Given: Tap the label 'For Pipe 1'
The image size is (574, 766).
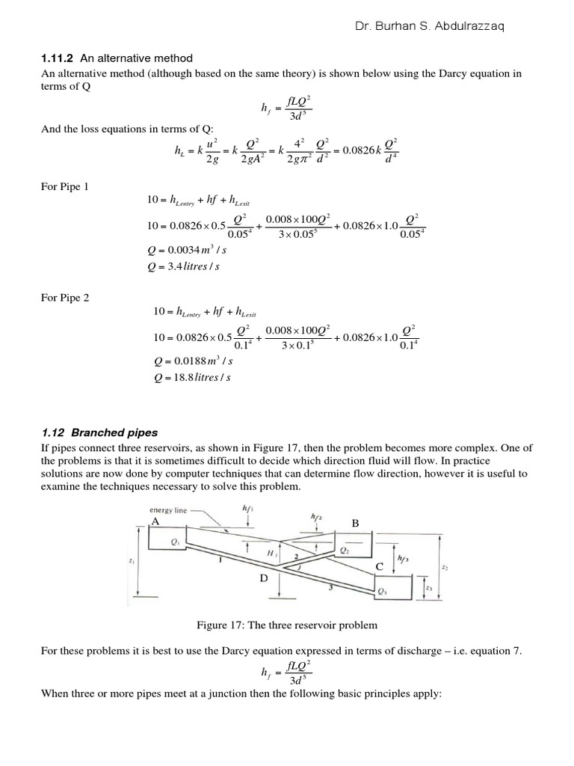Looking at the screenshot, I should pos(64,186).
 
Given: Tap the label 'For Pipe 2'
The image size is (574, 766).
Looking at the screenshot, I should pos(64,297).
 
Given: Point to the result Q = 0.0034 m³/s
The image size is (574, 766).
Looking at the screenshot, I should pos(188,251).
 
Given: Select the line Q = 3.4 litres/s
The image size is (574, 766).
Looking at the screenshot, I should pos(186,267).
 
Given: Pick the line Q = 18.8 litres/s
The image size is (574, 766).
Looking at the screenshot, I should pos(188,377).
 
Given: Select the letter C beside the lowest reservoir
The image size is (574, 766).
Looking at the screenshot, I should pos(379,568).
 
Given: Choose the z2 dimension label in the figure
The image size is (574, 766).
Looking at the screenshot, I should pos(445,568).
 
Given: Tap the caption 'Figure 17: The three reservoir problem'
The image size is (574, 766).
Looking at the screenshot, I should pos(287,625).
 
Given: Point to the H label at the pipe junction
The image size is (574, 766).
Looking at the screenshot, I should pos(271,553).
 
